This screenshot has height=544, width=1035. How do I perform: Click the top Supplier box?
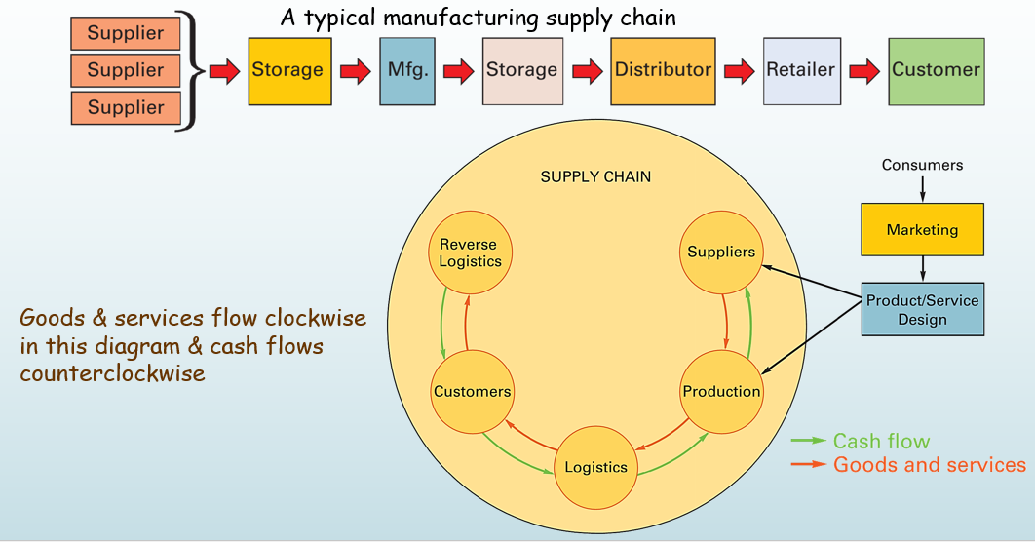tap(126, 34)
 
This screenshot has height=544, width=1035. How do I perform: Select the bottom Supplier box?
tap(126, 108)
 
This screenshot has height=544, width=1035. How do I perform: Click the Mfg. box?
tap(406, 70)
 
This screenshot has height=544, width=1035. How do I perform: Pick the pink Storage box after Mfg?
tap(522, 70)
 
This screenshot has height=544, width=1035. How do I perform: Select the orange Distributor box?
tap(663, 70)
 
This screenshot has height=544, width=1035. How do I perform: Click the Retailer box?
tap(801, 70)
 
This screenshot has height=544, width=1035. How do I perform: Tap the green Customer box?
tap(936, 70)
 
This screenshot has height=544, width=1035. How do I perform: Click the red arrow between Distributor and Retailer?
tap(740, 71)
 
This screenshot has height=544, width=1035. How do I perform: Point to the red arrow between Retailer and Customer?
tap(865, 71)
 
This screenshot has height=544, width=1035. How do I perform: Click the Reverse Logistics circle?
tap(470, 253)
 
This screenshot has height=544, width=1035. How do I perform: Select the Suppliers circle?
tap(721, 253)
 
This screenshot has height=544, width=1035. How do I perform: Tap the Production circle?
tap(721, 392)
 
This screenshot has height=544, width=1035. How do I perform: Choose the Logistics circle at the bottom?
tap(595, 467)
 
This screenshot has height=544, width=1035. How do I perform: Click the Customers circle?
tap(472, 392)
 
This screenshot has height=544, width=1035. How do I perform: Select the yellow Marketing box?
tap(922, 230)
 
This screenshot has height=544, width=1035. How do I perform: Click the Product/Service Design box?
tap(922, 310)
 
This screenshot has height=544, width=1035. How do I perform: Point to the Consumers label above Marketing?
tap(922, 165)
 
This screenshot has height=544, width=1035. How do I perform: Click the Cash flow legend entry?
tap(881, 442)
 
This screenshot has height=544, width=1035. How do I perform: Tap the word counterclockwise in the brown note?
tap(112, 372)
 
